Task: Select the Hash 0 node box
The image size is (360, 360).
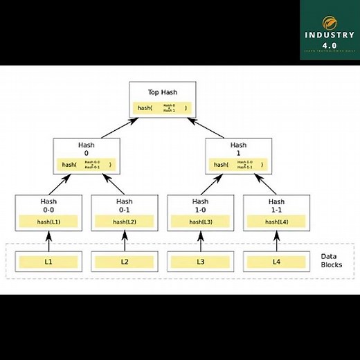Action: click(87, 156)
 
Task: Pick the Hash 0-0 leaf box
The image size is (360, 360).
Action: click(48, 212)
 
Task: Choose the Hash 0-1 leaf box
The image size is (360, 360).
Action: click(125, 212)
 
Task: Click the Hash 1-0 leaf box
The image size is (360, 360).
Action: click(200, 212)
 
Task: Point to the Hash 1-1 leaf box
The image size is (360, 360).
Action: click(276, 212)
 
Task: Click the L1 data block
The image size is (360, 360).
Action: click(48, 262)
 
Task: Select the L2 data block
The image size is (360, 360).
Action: click(125, 262)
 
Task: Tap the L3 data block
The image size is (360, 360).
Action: click(200, 262)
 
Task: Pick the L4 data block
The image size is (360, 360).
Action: click(276, 262)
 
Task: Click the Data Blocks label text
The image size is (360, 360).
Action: click(332, 260)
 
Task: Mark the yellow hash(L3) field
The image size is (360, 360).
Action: click(200, 222)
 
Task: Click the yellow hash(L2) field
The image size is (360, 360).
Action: click(125, 222)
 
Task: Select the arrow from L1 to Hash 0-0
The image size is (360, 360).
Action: click(48, 241)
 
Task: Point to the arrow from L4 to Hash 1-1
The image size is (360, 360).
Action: click(276, 241)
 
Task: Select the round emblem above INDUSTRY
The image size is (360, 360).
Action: click(329, 15)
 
